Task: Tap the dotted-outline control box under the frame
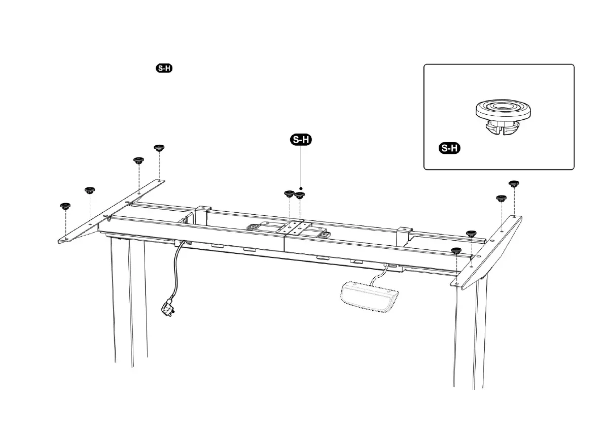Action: click(x=369, y=297)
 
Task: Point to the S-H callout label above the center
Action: click(x=301, y=140)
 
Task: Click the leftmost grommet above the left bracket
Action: click(x=65, y=206)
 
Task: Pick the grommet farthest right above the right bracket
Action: click(x=514, y=183)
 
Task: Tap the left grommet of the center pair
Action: click(x=289, y=194)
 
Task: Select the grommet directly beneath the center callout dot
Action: click(x=300, y=195)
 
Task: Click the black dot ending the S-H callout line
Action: click(x=301, y=187)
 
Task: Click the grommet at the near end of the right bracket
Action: click(x=456, y=251)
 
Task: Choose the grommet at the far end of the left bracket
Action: click(x=159, y=148)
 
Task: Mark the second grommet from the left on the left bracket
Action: click(x=90, y=191)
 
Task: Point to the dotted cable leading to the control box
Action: click(x=378, y=274)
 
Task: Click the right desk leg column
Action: click(x=472, y=330)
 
